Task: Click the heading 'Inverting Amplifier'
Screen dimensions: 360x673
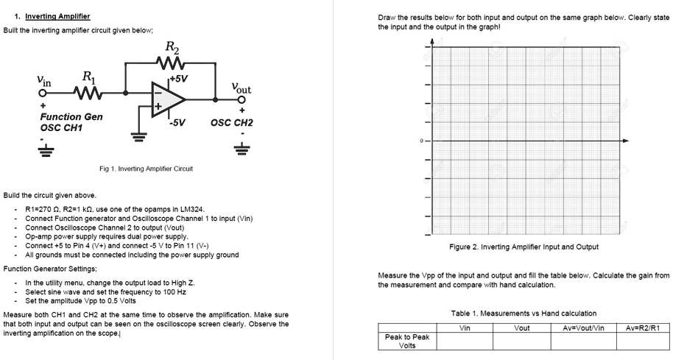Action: coord(57,15)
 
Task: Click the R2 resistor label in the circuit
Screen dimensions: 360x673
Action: coord(171,48)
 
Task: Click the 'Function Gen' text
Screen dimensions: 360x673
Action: coord(71,117)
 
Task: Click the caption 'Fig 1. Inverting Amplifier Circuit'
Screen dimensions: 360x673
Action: coord(146,169)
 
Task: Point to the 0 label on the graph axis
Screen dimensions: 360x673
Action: coord(422,141)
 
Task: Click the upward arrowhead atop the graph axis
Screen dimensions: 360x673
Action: coord(432,41)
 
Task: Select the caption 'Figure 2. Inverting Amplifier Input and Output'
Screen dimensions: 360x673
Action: coord(524,247)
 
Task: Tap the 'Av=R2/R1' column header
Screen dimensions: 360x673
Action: coord(643,328)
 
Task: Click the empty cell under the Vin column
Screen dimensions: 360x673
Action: coord(465,341)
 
